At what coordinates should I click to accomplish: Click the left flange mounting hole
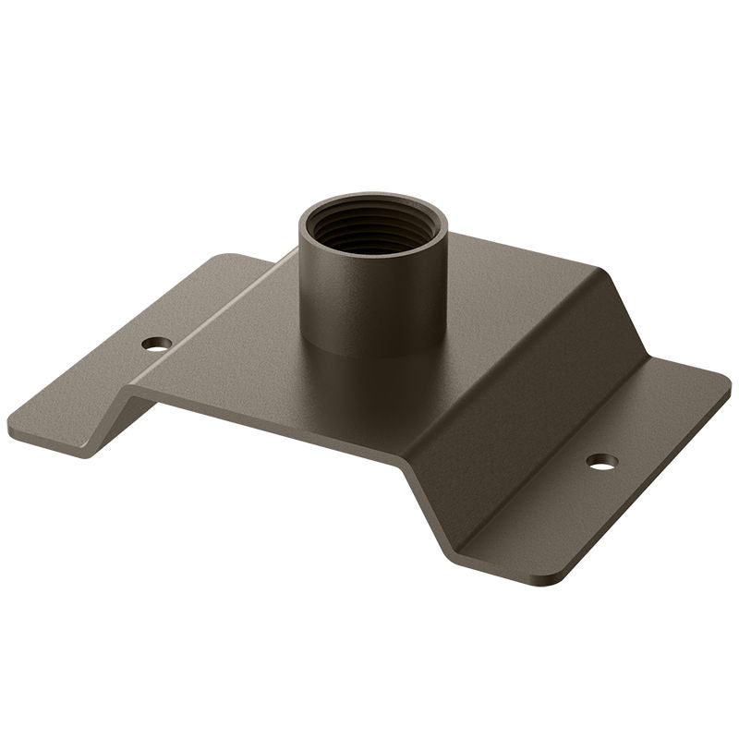point(156,344)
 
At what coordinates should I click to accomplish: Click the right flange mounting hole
point(601,460)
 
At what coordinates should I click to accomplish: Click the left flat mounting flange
point(102,388)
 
